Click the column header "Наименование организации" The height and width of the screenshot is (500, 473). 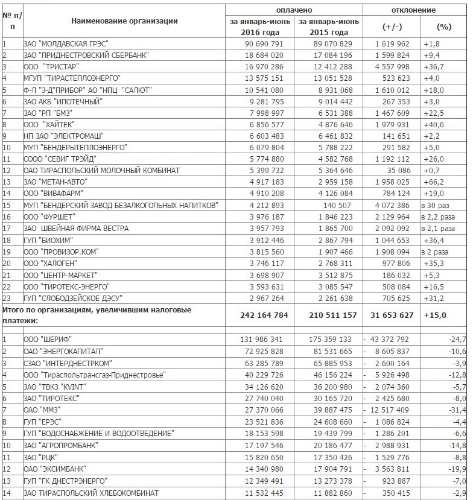(x=124, y=21)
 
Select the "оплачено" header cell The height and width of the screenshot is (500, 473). (x=294, y=10)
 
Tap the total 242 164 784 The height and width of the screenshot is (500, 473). (x=260, y=315)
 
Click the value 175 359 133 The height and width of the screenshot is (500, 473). (x=328, y=339)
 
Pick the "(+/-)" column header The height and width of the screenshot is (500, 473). (x=392, y=27)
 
